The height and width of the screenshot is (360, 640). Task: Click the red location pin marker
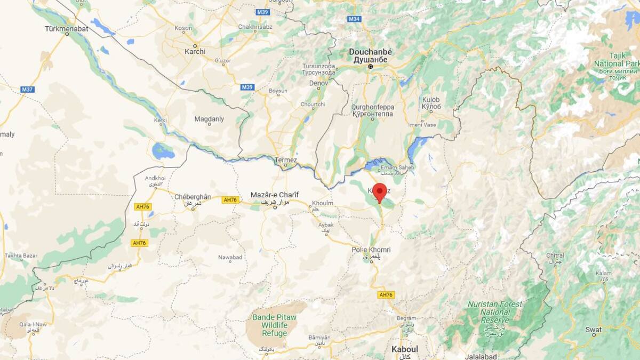coord(379,191)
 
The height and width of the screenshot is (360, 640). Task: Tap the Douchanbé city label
coord(370,52)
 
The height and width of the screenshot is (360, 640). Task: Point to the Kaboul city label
coord(404,349)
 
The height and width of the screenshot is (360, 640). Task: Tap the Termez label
coord(285,160)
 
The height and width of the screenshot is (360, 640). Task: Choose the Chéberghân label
coord(193,197)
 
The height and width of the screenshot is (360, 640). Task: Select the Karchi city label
coord(195,52)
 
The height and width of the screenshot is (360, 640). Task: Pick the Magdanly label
coord(209,119)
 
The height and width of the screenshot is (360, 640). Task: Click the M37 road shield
coord(28,89)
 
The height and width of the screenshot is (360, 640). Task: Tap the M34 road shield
coord(354,19)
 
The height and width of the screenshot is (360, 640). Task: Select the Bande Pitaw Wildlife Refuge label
coord(274,325)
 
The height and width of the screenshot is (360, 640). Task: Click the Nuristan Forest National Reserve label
coord(487,312)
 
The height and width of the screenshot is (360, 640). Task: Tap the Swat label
coord(593,330)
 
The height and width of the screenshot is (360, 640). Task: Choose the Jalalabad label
coord(481,356)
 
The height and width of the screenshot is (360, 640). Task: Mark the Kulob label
coord(431,100)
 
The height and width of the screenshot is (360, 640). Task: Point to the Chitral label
coord(555,255)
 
